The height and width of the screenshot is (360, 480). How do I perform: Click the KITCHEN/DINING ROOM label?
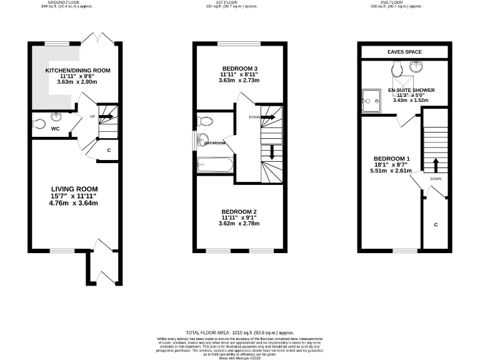(x=77, y=71)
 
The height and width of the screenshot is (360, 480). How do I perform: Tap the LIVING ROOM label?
(x=74, y=188)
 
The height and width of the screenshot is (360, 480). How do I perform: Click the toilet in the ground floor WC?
(x=39, y=124)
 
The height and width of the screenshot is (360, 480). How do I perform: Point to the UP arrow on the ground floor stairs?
(x=105, y=116)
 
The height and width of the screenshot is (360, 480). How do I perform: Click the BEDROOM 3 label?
(x=239, y=67)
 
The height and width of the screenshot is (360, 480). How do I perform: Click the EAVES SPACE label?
(x=405, y=52)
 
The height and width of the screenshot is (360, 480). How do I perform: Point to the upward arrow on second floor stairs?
(x=436, y=164)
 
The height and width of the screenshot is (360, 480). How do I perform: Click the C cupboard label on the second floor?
(x=436, y=224)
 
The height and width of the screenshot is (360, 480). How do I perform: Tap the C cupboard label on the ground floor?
(x=109, y=150)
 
